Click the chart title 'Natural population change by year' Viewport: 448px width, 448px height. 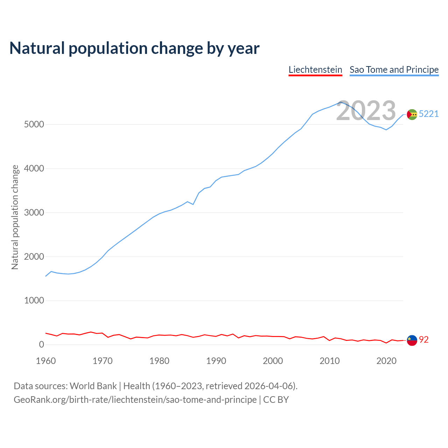[134, 48]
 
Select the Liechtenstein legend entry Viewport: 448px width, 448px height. [315, 70]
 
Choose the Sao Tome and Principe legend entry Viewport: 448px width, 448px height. [394, 70]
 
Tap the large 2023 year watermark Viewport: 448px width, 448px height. [366, 111]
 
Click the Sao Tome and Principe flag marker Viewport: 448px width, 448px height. [412, 114]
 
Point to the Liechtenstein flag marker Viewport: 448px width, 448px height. [412, 340]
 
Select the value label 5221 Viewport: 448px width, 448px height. [429, 114]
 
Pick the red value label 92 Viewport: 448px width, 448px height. [424, 340]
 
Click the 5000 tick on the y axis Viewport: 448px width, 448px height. [34, 125]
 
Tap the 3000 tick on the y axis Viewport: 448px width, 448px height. [34, 212]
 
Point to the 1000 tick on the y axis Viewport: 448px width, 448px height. [34, 301]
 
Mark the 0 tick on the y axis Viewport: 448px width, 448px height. [42, 345]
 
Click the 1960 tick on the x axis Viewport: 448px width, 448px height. [46, 361]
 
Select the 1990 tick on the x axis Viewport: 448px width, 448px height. [216, 361]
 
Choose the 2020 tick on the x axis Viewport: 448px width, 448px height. [386, 361]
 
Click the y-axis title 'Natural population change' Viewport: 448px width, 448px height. [15, 217]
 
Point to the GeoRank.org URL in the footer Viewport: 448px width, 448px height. [135, 400]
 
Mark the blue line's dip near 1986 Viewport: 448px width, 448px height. [193, 204]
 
